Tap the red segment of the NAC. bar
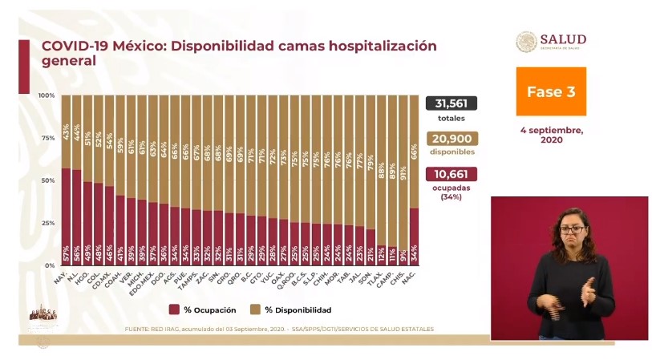414,237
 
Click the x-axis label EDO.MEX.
146,281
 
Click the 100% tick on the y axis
46,95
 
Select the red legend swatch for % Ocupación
174,309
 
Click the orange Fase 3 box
550,91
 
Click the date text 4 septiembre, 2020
550,134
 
